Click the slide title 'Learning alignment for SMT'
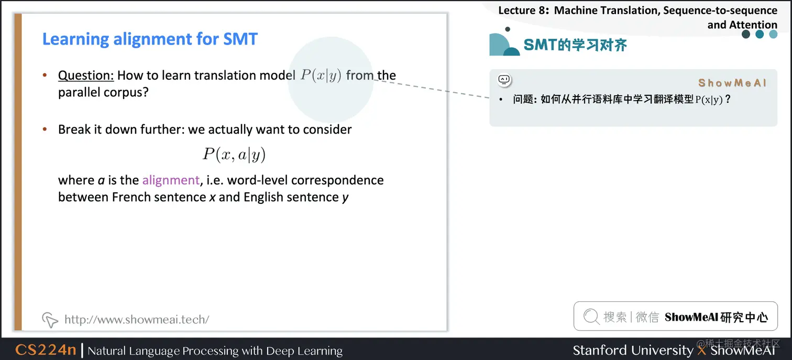(150, 39)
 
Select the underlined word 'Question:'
(86, 75)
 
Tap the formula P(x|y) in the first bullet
(321, 75)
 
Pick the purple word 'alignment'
(171, 180)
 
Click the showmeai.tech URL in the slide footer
(137, 319)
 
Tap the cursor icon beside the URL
(50, 319)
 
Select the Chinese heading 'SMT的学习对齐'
(575, 45)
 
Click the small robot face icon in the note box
(504, 80)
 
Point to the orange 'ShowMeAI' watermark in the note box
(732, 83)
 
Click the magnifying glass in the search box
(591, 317)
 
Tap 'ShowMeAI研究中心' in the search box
(716, 317)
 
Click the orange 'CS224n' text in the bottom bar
(46, 350)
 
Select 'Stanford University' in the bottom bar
(632, 350)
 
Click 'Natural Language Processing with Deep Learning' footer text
(215, 351)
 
